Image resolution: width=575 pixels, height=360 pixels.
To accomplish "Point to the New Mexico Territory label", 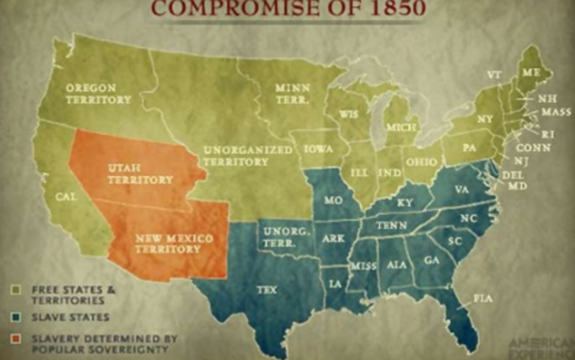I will pos(168,242).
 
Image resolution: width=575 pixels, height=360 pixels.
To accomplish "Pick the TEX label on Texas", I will pos(267,289).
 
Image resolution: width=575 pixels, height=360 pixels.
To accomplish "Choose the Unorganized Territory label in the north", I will pos(235,155).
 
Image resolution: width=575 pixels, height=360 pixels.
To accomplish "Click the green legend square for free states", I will pos(16,289).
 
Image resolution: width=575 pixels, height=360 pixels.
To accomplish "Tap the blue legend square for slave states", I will pos(16,316).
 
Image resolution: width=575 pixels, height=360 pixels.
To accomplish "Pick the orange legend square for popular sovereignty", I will pos(16,338).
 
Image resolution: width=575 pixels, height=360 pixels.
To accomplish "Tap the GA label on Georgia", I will pos(432,259).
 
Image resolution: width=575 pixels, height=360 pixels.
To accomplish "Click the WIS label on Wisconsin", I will pos(349,115).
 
